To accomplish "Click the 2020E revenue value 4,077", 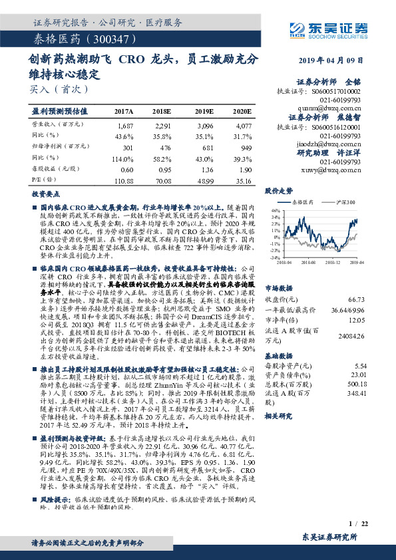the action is tap(244, 125).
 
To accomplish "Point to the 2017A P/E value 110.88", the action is tap(124, 180).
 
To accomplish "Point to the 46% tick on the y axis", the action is tap(274, 210).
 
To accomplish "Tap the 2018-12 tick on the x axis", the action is tap(335, 263).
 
